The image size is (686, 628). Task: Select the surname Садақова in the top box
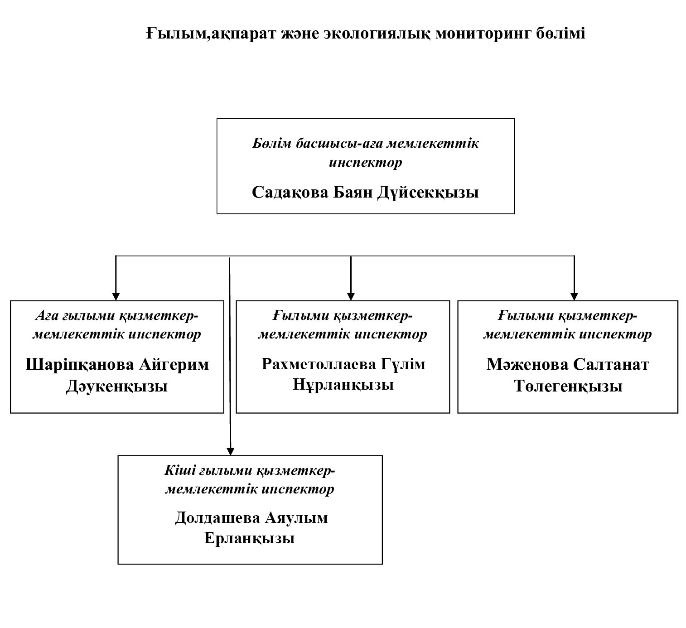(290, 192)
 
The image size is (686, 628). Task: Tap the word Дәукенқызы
(117, 386)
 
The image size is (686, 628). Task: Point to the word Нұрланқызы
(343, 385)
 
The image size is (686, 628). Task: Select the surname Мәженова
(526, 364)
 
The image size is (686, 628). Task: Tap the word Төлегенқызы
(568, 386)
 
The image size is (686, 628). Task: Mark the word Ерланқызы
(250, 538)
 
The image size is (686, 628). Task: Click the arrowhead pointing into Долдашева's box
(230, 451)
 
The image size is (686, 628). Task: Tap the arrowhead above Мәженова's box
(574, 297)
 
